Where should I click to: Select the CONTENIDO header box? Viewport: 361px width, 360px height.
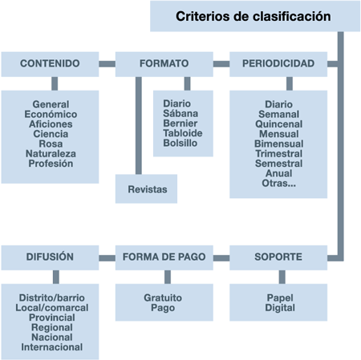pos(50,63)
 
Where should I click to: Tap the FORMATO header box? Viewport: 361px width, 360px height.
pos(164,63)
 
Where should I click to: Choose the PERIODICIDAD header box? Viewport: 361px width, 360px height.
pos(278,63)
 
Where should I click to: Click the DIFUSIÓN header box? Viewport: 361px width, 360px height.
pos(50,257)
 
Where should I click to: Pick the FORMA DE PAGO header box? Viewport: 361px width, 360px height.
pos(164,257)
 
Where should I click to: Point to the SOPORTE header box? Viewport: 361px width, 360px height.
pos(278,257)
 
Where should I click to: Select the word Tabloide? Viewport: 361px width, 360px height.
pos(183,133)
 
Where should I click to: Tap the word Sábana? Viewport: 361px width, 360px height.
pos(183,114)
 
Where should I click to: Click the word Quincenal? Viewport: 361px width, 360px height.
pos(278,124)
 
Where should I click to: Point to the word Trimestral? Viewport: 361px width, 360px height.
pos(278,154)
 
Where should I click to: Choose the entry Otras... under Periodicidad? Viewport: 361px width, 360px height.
pos(278,184)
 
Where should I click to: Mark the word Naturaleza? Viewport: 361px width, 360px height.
pos(50,153)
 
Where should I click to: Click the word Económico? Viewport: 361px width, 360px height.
pos(50,114)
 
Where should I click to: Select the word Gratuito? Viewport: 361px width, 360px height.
pos(164,297)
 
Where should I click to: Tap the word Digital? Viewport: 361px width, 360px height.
pos(278,308)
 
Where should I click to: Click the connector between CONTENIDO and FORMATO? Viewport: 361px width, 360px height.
pos(107,63)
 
